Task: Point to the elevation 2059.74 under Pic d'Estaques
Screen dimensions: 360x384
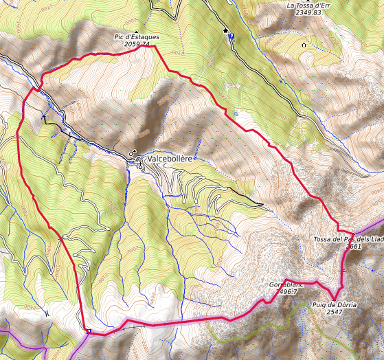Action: pos(137,44)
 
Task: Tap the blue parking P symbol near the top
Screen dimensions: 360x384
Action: pos(231,37)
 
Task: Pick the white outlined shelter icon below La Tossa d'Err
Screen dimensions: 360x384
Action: pos(304,45)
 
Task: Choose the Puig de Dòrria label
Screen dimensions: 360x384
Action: pos(335,304)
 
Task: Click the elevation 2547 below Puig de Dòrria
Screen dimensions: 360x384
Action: pos(335,312)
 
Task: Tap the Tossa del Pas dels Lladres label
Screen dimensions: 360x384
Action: pos(348,239)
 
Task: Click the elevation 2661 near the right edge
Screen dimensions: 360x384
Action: pos(353,247)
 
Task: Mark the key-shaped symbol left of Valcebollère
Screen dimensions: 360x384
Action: pos(131,154)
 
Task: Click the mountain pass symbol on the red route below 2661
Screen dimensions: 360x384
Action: pos(341,272)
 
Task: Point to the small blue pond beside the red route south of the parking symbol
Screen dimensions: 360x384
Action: pos(236,113)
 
